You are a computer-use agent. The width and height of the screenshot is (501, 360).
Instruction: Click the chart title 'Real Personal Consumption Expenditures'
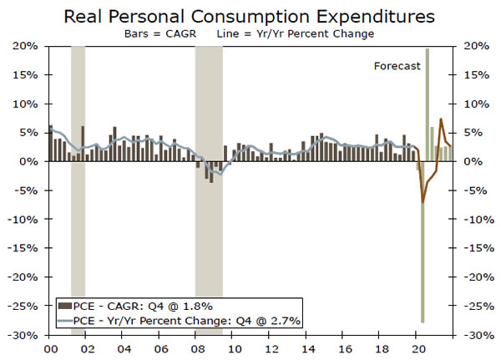pos(250,16)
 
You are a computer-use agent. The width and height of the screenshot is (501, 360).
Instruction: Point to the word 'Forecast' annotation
pos(397,66)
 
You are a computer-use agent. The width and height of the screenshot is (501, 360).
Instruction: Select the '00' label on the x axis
pos(49,348)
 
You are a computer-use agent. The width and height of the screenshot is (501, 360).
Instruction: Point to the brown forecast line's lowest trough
pos(423,202)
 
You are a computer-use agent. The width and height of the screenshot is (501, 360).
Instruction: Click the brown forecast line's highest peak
pos(441,119)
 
